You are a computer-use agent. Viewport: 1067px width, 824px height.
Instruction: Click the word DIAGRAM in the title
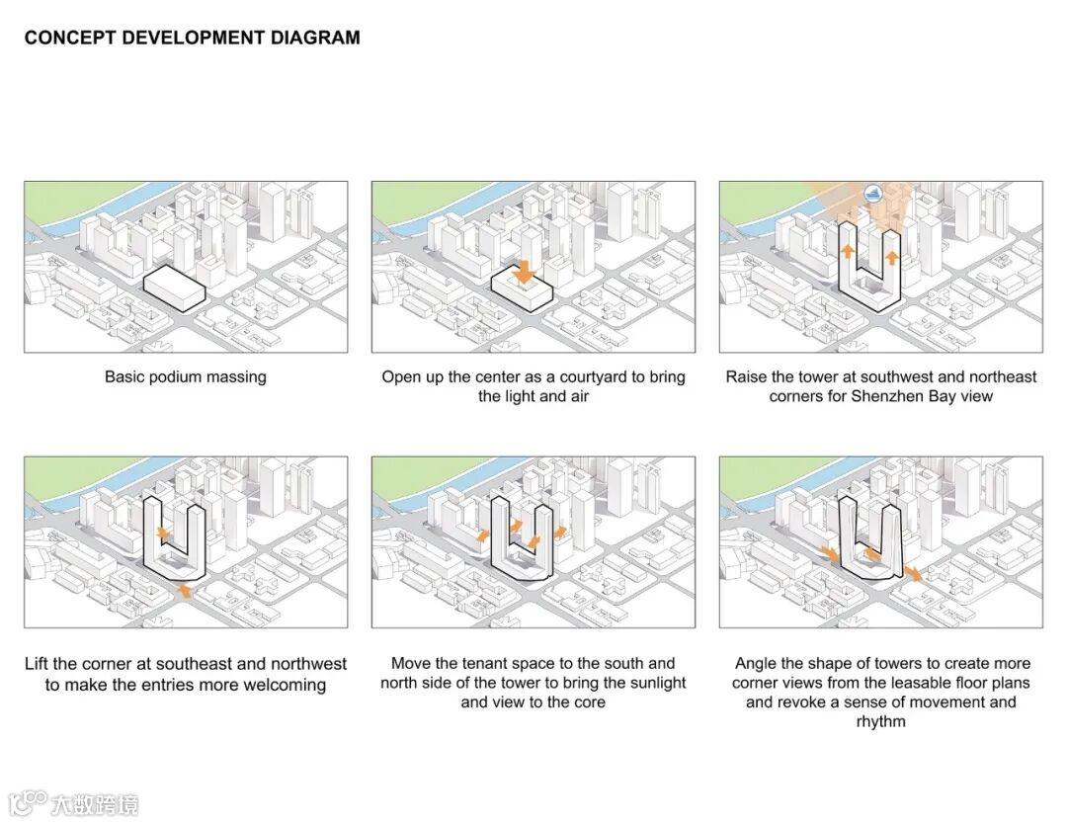pos(315,38)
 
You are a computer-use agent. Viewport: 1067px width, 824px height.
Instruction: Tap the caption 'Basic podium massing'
pos(185,377)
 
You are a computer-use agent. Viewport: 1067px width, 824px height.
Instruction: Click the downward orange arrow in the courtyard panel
pos(525,272)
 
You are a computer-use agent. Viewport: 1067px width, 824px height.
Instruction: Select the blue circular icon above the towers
pos(872,194)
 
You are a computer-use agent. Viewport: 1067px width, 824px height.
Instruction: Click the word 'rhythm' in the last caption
pos(880,721)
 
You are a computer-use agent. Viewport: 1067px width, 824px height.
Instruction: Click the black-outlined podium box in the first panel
pos(174,288)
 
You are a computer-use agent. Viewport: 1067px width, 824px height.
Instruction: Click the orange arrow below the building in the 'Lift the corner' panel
pos(184,590)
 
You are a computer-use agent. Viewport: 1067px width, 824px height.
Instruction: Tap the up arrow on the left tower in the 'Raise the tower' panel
pos(847,250)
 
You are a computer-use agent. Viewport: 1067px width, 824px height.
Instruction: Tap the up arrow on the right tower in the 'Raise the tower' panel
pos(892,258)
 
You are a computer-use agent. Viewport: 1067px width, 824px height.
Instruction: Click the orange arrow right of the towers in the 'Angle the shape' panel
pos(914,573)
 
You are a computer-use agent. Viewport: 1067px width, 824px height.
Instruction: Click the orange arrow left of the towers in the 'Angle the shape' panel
pos(830,552)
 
